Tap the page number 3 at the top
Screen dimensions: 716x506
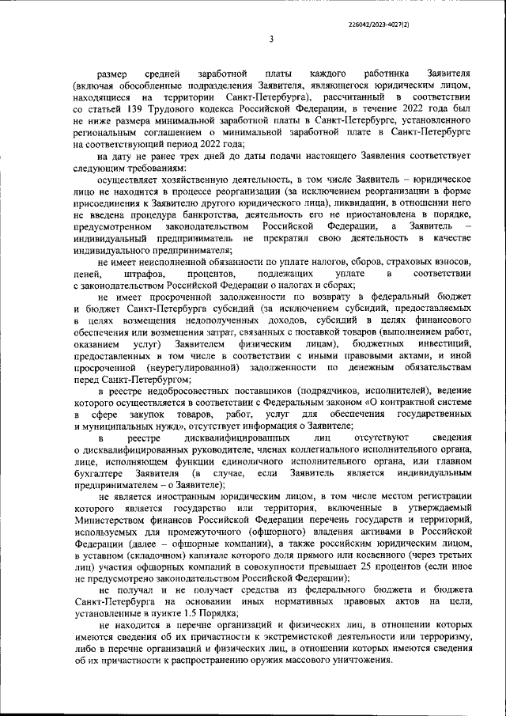coord(271,40)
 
